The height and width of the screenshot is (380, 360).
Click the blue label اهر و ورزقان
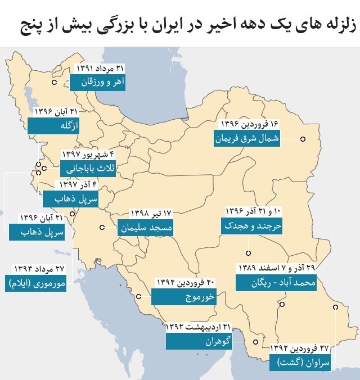[98, 82]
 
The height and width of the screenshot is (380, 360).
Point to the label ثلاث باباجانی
[88, 168]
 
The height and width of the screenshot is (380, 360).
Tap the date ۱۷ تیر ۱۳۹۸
[151, 214]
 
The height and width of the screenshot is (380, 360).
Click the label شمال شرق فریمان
[247, 138]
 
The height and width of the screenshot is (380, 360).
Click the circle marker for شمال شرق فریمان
[303, 139]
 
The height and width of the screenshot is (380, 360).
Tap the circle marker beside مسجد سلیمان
[102, 228]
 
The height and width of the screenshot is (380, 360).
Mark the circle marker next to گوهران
[255, 341]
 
